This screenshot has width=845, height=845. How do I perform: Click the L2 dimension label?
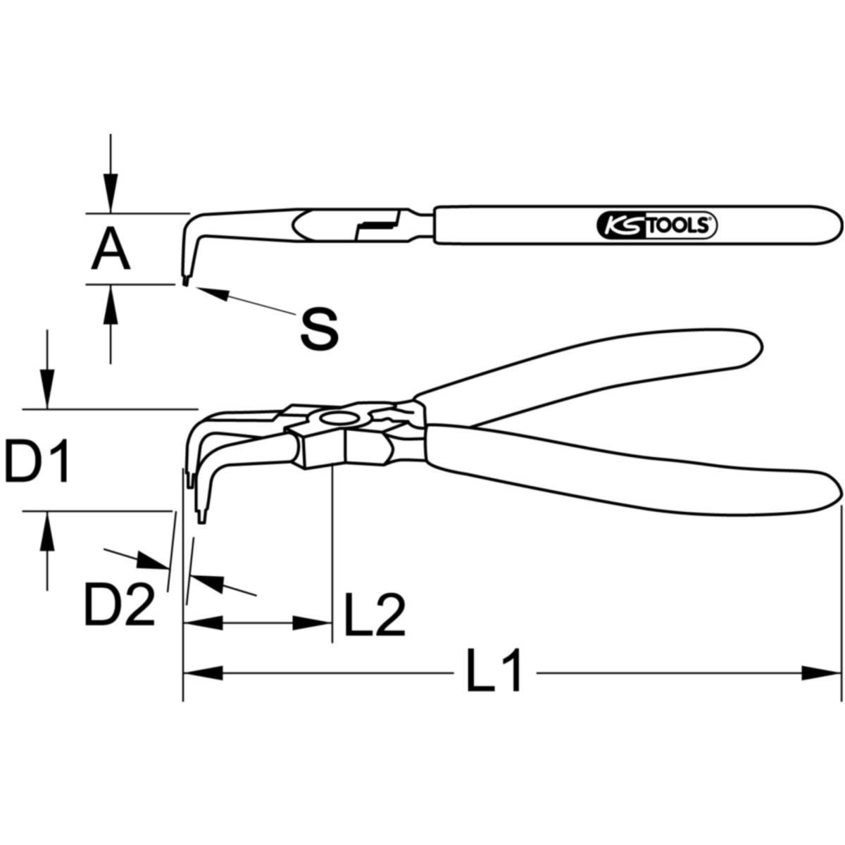pyautogui.click(x=375, y=614)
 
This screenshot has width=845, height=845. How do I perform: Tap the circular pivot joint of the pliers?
pyautogui.click(x=338, y=418)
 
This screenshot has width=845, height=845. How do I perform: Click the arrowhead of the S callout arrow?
pyautogui.click(x=213, y=293)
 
